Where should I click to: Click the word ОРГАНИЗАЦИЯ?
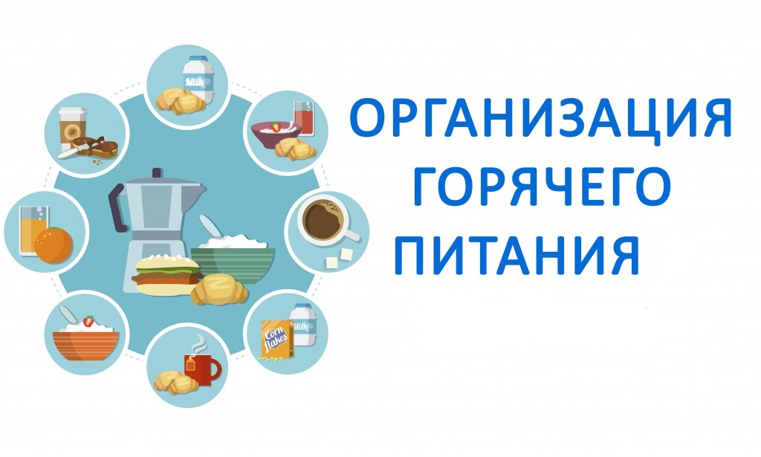coord(540,118)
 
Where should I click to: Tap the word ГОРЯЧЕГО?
coord(543,187)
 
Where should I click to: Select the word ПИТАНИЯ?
coord(517,255)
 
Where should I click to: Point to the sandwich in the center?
coord(166,275)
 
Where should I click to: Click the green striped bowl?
coord(233,265)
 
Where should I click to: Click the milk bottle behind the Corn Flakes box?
coord(304,324)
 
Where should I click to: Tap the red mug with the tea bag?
coord(201,369)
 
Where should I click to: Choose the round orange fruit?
coord(54,245)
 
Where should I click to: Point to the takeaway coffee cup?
coord(73,127)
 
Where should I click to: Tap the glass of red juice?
coord(304,118)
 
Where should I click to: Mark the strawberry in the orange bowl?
coord(89,321)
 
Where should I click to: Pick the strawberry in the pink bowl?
coord(276,126)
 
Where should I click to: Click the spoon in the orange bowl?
coord(68,315)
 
